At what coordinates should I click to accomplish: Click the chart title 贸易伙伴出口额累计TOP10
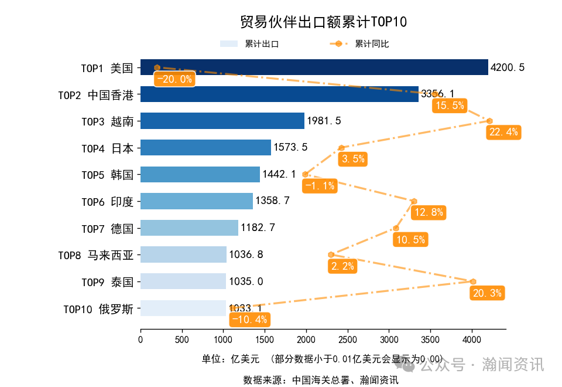pyautogui.click(x=323, y=22)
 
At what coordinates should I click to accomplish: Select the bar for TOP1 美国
pyautogui.click(x=314, y=67)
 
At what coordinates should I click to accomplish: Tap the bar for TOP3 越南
pyautogui.click(x=222, y=121)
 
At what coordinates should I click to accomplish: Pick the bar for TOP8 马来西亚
pyautogui.click(x=183, y=254)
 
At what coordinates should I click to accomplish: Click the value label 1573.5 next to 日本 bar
pyautogui.click(x=290, y=148)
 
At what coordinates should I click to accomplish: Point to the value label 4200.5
pyautogui.click(x=508, y=67)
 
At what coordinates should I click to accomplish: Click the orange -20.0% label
pyautogui.click(x=174, y=79)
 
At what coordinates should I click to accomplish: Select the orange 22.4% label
pyautogui.click(x=503, y=132)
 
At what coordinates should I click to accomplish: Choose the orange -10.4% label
pyautogui.click(x=249, y=320)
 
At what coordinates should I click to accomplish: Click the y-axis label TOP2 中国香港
pyautogui.click(x=95, y=94)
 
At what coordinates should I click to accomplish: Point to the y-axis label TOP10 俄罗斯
pyautogui.click(x=98, y=308)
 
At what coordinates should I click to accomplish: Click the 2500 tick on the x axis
pyautogui.click(x=348, y=338)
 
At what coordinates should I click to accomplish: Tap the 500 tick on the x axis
pyautogui.click(x=182, y=338)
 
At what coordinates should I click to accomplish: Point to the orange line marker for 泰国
pyautogui.click(x=473, y=281)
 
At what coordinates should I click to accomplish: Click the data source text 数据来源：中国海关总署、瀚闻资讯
pyautogui.click(x=321, y=380)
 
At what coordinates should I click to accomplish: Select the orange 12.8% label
pyautogui.click(x=429, y=212)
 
